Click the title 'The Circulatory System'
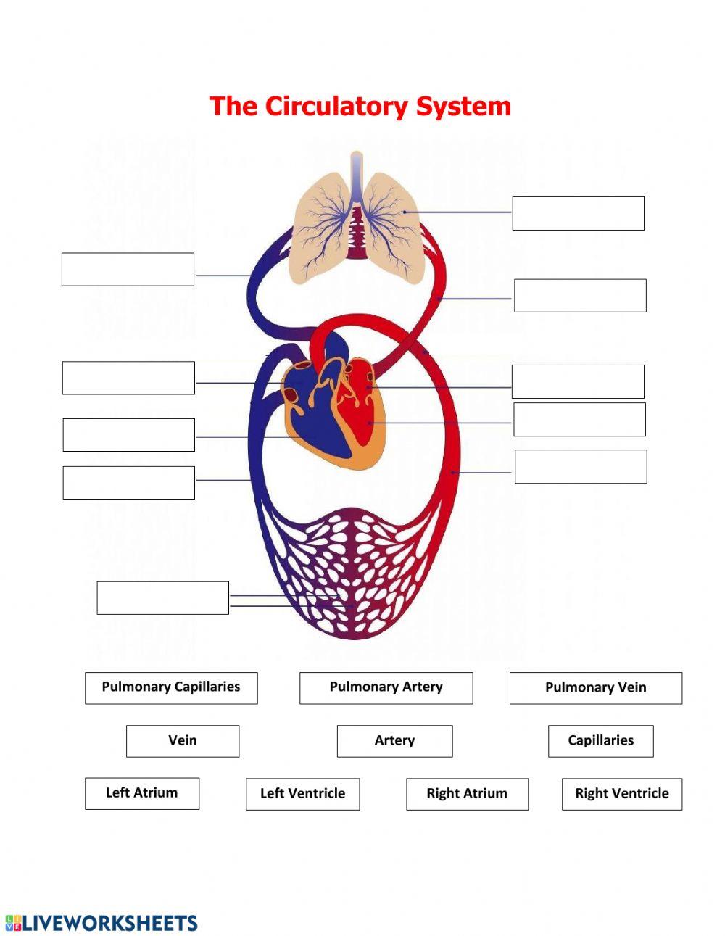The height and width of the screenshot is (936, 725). click(360, 106)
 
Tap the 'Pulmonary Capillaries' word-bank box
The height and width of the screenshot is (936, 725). click(171, 687)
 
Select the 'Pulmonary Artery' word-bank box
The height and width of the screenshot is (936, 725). click(386, 687)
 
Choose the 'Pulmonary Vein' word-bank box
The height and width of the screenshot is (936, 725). click(595, 688)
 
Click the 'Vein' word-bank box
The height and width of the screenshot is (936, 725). click(183, 741)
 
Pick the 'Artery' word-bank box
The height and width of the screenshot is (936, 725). click(394, 741)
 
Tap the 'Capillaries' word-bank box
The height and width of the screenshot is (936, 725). click(600, 741)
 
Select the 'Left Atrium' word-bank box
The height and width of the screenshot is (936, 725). click(142, 793)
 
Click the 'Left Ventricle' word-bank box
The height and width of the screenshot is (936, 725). click(302, 794)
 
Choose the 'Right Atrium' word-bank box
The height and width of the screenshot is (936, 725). click(467, 794)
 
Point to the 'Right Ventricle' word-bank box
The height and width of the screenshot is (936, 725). click(621, 794)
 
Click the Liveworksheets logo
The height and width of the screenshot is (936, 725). click(101, 922)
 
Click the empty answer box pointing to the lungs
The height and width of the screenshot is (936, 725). click(578, 213)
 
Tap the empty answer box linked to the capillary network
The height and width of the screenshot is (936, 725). click(162, 597)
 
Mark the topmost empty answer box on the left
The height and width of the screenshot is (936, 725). click(128, 269)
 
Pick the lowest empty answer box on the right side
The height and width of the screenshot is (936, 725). click(580, 466)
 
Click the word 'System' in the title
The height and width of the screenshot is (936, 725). click(463, 106)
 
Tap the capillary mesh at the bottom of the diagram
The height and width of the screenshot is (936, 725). click(355, 573)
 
